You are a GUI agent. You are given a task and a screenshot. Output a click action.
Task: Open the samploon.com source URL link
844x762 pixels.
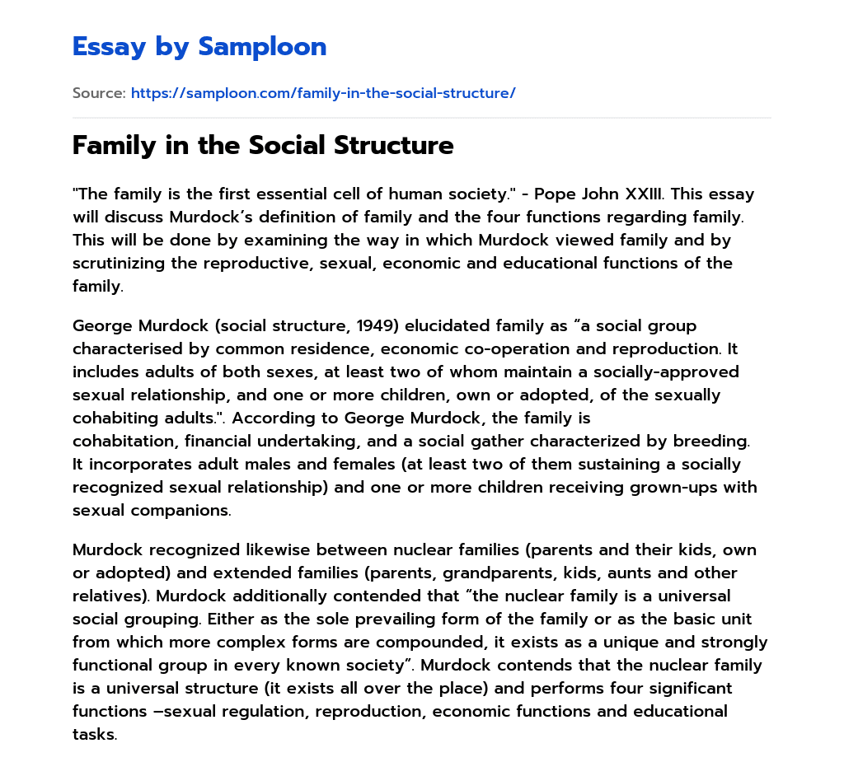pyautogui.click(x=323, y=93)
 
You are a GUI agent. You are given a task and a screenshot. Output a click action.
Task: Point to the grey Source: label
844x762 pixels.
pyautogui.click(x=99, y=93)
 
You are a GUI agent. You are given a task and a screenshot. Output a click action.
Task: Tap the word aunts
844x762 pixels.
pyautogui.click(x=658, y=573)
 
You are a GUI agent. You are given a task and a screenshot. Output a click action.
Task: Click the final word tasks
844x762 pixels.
pyautogui.click(x=94, y=734)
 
